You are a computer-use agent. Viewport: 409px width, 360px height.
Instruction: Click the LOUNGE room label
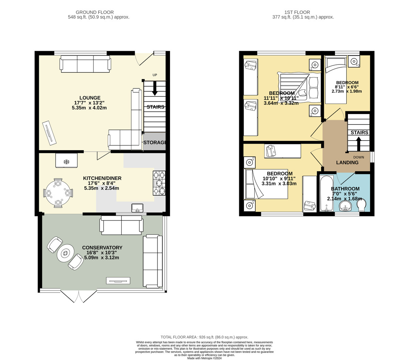coord(90,98)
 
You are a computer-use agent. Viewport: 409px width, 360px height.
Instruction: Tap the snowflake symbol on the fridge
coord(66,162)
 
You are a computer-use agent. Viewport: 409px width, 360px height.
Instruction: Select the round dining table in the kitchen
coord(58,193)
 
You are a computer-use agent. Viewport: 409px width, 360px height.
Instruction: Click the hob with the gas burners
coord(159,183)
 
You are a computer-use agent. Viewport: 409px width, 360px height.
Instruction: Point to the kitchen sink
coord(137,208)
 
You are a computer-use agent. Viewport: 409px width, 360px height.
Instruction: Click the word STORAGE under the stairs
coord(155,143)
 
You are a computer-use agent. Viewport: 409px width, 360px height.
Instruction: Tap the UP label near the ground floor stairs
coord(155,75)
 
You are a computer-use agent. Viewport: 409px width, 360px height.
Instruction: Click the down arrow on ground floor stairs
coord(155,88)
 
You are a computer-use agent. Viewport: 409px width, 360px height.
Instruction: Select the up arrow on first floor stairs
coord(359,144)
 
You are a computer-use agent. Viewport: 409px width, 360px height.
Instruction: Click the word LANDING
coord(347,162)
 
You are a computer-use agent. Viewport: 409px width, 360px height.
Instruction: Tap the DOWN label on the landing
coord(359,157)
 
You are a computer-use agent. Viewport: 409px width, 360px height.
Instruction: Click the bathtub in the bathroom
coord(327,193)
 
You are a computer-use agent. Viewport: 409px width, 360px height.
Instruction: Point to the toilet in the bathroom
coord(361,205)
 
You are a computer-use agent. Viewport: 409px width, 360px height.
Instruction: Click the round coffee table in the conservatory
coord(65,253)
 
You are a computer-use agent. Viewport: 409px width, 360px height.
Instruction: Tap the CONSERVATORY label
coord(102,248)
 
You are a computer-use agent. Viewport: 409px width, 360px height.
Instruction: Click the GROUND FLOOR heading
coord(95,12)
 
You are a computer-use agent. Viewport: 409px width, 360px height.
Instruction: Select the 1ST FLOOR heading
coord(297,12)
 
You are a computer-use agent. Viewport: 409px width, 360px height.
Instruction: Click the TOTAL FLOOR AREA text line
coord(204,337)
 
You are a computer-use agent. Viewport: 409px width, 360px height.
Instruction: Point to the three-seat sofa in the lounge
coord(86,64)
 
